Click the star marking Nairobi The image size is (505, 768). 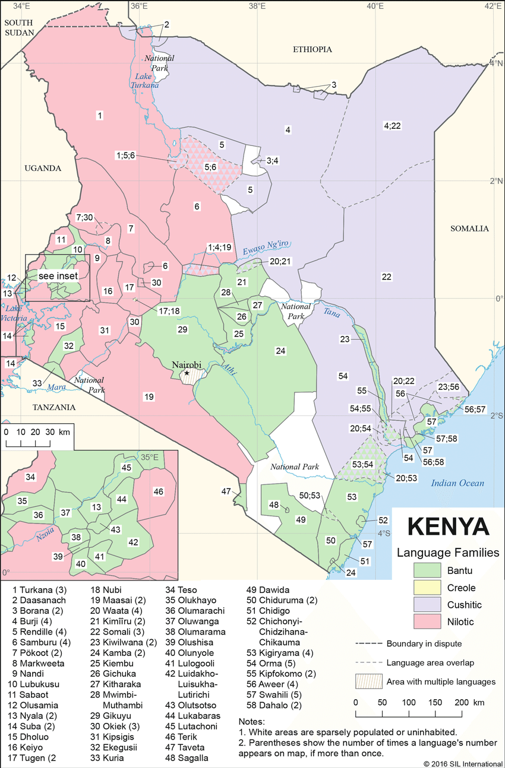pyautogui.click(x=187, y=373)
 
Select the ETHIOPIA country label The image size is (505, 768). pyautogui.click(x=312, y=49)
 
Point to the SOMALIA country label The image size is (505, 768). pyautogui.click(x=469, y=229)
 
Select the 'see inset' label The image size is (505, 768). pyautogui.click(x=58, y=276)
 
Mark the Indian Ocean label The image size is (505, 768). pyautogui.click(x=458, y=483)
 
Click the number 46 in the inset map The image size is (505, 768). pyautogui.click(x=158, y=491)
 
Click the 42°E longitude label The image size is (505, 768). pyautogui.click(x=493, y=7)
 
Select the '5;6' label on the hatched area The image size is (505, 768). pyautogui.click(x=211, y=167)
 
